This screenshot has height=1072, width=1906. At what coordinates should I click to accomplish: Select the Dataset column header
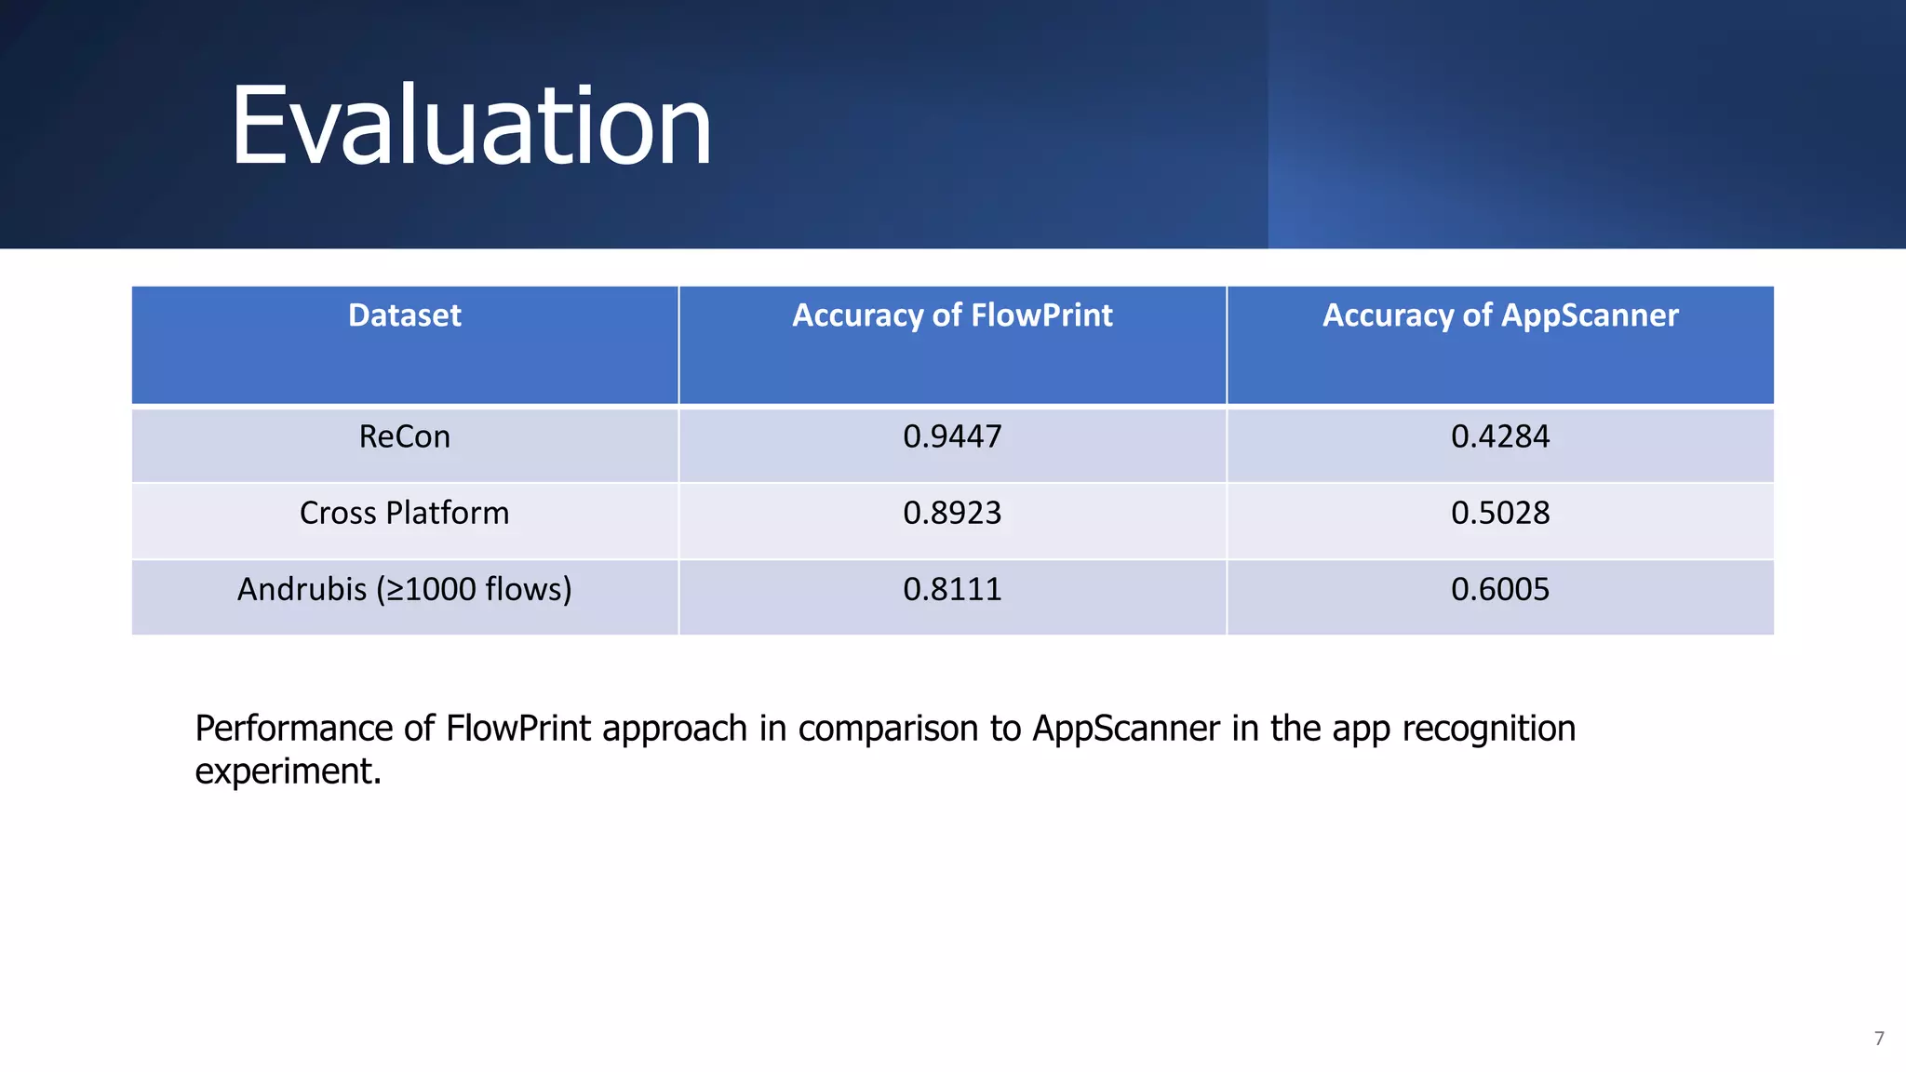405,315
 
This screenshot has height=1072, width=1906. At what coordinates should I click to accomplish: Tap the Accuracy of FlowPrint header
952,315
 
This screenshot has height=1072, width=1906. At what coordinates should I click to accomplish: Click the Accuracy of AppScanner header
1500,315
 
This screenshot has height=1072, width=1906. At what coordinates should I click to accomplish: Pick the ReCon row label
405,436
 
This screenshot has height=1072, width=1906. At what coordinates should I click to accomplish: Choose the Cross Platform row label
405,513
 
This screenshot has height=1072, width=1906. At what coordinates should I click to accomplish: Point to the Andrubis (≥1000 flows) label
405,589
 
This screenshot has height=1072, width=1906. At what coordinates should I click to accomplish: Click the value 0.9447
952,436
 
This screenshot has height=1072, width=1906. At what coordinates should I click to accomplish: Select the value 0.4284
1500,436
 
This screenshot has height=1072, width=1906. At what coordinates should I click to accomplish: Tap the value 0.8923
952,513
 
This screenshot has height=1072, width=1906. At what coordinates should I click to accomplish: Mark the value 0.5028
1500,513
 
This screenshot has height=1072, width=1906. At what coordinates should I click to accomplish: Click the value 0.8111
952,589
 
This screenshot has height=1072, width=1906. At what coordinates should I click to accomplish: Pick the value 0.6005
1500,589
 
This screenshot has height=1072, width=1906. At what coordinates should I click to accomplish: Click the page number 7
1879,1038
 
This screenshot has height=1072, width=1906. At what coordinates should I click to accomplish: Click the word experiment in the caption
287,771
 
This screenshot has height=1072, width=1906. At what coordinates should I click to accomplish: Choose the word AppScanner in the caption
1126,729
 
